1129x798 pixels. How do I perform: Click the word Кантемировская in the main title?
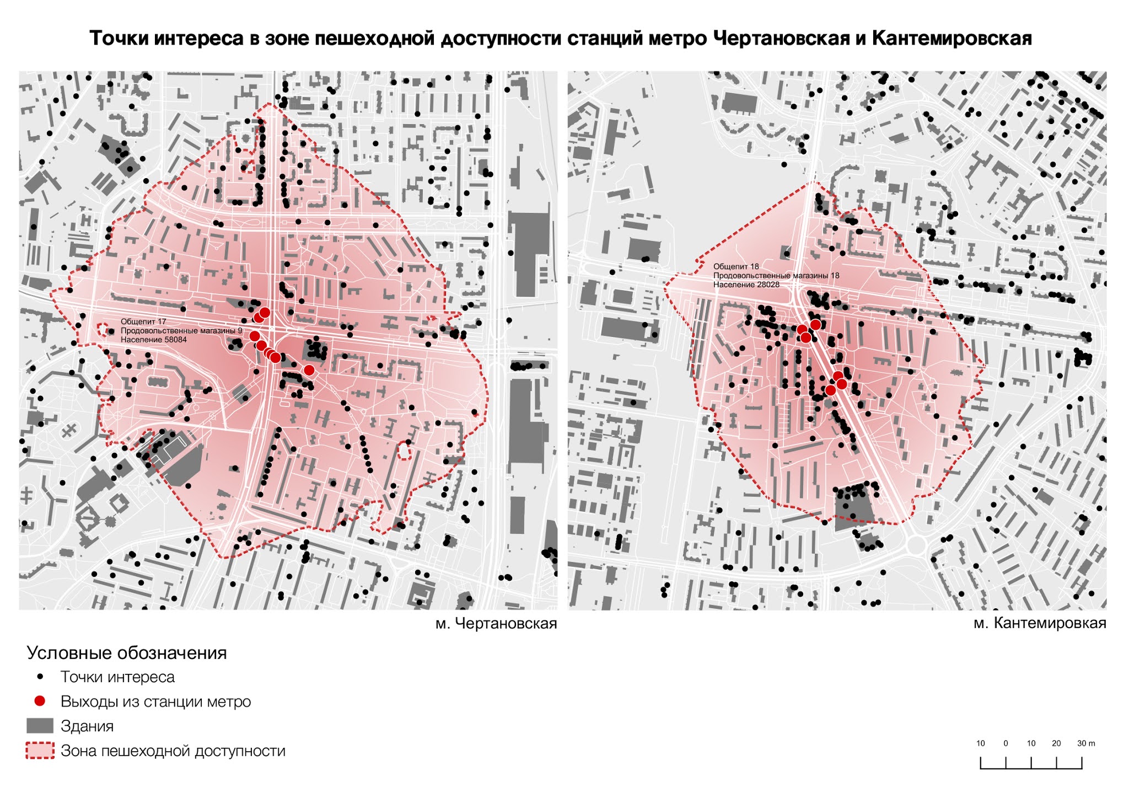tap(951, 38)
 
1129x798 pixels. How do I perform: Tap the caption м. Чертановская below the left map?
tap(496, 624)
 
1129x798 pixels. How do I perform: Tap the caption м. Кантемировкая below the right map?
tap(1040, 623)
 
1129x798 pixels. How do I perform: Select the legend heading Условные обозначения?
tap(127, 653)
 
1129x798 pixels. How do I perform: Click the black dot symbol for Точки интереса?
tap(40, 677)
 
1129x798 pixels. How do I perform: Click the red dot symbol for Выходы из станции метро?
tap(40, 701)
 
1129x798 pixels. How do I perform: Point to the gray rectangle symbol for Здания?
tap(40, 726)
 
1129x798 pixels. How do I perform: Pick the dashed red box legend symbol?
tap(40, 751)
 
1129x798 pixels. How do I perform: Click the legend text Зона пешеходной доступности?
tap(173, 751)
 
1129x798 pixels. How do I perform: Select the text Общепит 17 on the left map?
tap(143, 322)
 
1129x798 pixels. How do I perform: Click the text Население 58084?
tap(154, 340)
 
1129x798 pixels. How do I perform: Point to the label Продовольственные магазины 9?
tap(181, 331)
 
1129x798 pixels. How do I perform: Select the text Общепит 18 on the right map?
tap(736, 266)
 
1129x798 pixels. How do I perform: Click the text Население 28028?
tap(746, 285)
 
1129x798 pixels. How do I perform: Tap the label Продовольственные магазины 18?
tap(776, 276)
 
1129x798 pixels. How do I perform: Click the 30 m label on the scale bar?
tap(1086, 743)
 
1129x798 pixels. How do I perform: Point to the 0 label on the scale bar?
tap(1006, 743)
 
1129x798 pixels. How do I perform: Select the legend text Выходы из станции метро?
tap(155, 701)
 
